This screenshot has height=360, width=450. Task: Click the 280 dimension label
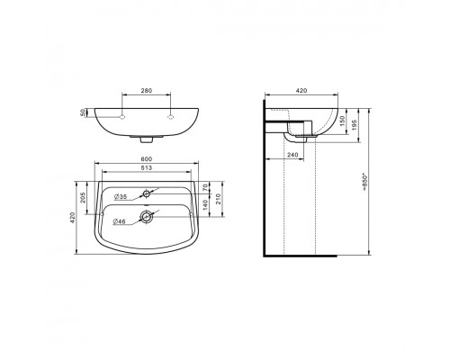click(147, 90)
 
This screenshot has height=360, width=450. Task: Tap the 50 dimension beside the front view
click(83, 112)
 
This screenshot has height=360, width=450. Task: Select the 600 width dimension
click(147, 158)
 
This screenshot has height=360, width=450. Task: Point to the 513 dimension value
click(147, 168)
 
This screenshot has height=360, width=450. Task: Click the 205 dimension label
click(83, 197)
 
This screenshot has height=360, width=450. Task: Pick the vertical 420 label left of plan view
click(72, 218)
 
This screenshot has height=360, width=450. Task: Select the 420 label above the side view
click(301, 90)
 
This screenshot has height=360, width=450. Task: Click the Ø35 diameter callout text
click(121, 197)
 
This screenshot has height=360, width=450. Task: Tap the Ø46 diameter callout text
click(119, 221)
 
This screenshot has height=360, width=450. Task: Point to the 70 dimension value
click(205, 188)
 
